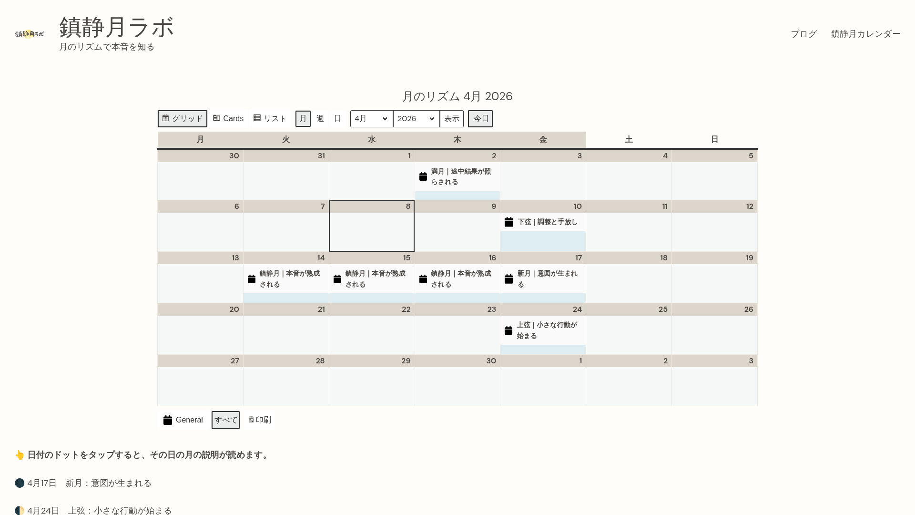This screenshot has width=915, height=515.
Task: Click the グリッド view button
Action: [x=182, y=119]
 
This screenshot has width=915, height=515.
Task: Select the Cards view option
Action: [x=228, y=119]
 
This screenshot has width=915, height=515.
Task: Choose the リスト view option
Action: [x=270, y=119]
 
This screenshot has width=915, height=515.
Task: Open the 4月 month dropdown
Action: [x=371, y=119]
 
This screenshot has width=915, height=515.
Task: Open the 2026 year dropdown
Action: [x=416, y=119]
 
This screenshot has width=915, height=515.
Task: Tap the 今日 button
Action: [x=480, y=119]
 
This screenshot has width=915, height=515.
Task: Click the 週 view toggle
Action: [x=320, y=119]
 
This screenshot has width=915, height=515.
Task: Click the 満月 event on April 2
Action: [x=460, y=177]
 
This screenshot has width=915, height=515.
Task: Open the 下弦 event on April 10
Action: [x=547, y=222]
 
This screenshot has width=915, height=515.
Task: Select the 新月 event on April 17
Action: [x=547, y=279]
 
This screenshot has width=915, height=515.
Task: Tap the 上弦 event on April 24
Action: [x=547, y=330]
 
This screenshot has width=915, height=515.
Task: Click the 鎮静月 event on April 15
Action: [x=375, y=279]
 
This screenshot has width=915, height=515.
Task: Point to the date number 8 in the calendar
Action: [x=408, y=206]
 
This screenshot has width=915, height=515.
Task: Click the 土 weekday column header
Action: [x=629, y=140]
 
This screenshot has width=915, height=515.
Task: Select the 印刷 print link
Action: [x=260, y=420]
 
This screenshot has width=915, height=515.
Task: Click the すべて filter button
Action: [x=225, y=420]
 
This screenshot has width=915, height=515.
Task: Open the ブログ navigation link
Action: [x=803, y=34]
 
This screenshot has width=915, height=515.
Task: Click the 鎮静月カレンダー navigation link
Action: [x=865, y=34]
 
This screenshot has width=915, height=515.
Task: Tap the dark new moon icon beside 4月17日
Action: [x=20, y=483]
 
